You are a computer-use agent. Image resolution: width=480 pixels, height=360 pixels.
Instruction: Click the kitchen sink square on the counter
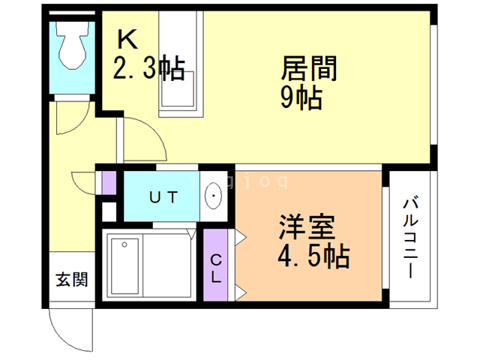coord(180,89)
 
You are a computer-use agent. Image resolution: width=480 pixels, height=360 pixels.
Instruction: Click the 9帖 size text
coord(301,97)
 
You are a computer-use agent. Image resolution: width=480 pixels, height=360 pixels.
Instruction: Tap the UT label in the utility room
coord(163,198)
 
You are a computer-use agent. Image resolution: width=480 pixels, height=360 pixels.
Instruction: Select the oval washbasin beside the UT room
coord(214,197)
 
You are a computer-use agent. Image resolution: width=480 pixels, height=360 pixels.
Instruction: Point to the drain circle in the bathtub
coord(124,244)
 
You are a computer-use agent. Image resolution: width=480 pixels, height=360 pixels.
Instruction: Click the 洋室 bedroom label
coord(307,227)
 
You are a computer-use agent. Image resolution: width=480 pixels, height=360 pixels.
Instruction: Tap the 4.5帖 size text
coord(313,256)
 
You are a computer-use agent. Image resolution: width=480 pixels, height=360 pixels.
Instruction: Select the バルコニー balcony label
coord(410,237)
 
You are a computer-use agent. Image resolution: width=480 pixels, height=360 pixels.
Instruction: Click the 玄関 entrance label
coord(71,280)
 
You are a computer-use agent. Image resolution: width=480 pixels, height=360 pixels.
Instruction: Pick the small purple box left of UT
coord(109,183)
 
